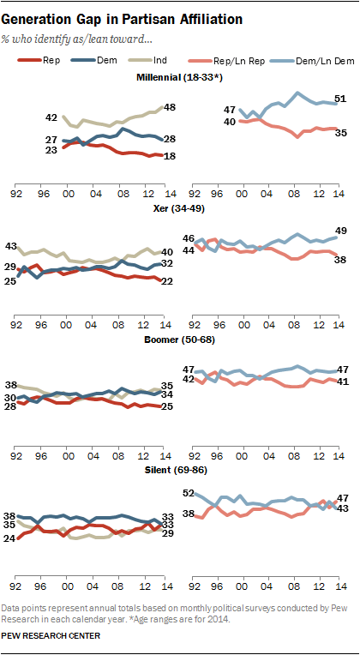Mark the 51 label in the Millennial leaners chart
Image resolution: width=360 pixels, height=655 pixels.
click(339, 100)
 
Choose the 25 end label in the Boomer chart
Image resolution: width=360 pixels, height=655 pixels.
click(168, 406)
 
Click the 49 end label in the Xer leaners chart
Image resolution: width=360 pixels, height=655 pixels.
click(339, 231)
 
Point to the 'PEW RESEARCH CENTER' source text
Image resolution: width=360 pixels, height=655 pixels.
click(51, 636)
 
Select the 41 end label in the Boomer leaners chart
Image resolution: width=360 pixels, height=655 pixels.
click(339, 381)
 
